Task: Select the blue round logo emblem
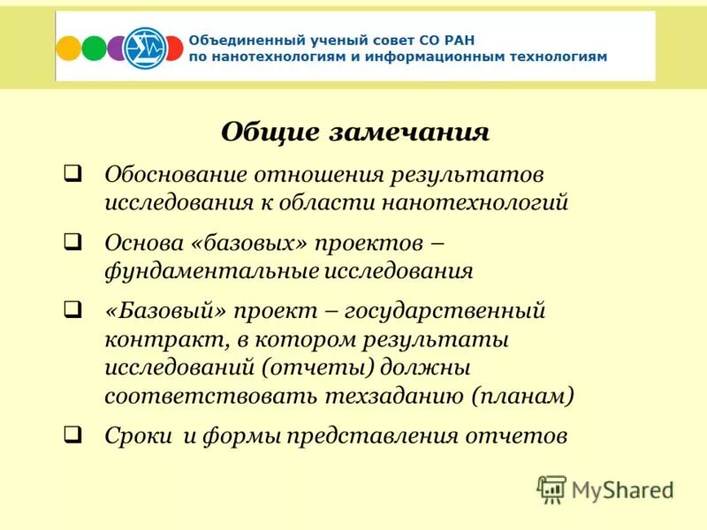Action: tap(143, 47)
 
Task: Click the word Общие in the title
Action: tap(269, 132)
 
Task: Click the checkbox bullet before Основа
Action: tap(74, 240)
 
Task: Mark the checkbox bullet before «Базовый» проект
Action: tap(74, 310)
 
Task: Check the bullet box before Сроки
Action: tap(74, 434)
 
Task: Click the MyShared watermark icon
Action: tap(552, 488)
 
